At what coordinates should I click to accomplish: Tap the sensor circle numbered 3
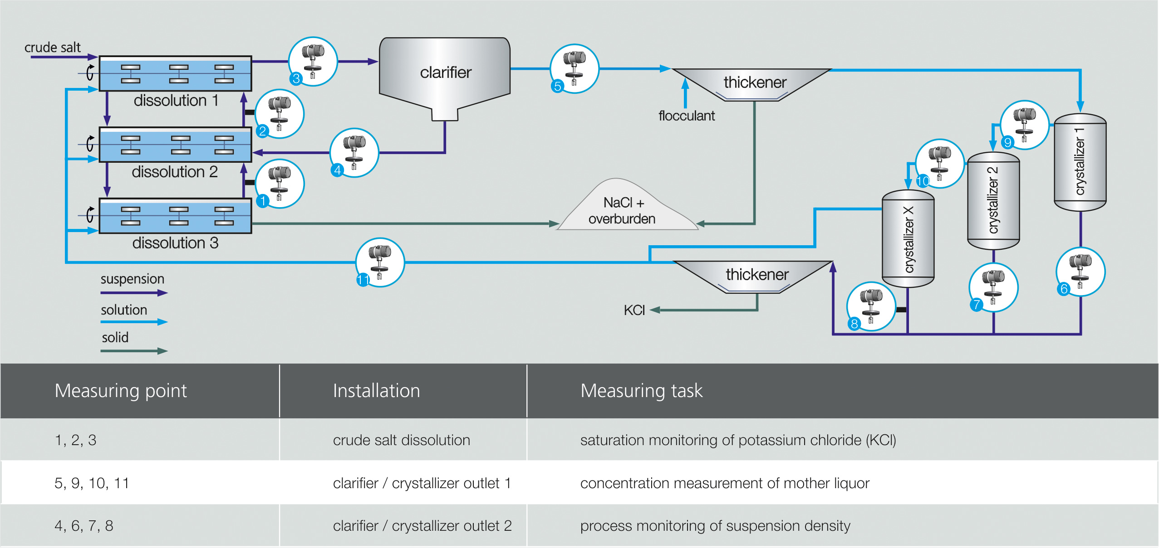[x=313, y=61]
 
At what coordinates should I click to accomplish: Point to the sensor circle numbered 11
[x=380, y=262]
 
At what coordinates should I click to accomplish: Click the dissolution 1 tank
[x=175, y=74]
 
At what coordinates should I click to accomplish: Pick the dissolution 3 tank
[x=175, y=216]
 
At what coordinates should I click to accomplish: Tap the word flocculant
[x=686, y=116]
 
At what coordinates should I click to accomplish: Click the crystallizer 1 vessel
[x=1080, y=162]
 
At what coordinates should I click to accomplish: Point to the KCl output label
[x=634, y=310]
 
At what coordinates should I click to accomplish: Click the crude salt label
[x=52, y=48]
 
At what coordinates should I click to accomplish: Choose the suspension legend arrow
[x=134, y=293]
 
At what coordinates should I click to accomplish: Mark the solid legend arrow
[x=134, y=351]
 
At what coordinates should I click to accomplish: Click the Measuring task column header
[x=641, y=391]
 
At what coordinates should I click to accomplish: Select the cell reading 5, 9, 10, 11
[x=92, y=483]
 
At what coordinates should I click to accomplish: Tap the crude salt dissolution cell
[x=401, y=440]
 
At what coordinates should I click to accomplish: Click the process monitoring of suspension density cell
[x=715, y=526]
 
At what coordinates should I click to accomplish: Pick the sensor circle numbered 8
[x=871, y=306]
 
